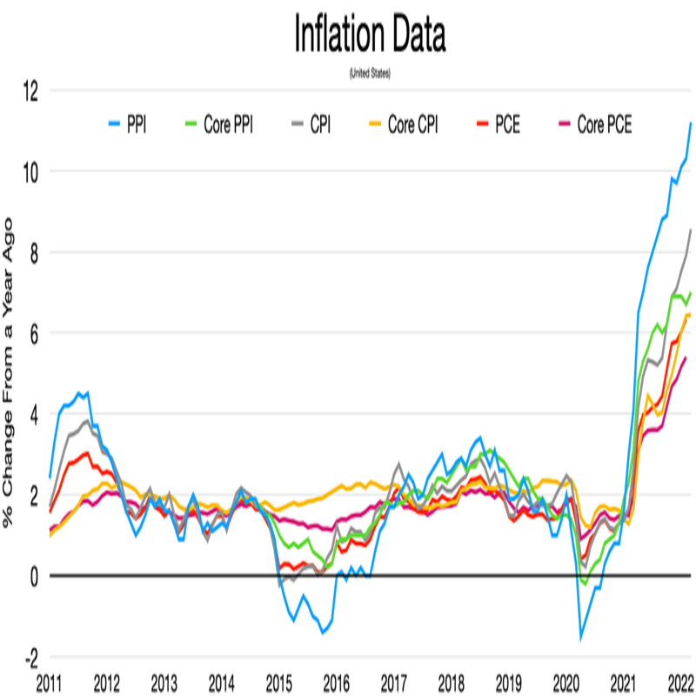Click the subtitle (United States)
(x=370, y=74)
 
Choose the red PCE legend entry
(x=498, y=125)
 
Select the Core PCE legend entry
(x=593, y=125)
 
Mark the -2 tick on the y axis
(x=28, y=657)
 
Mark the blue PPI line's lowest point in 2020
(x=581, y=639)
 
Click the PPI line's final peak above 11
(x=691, y=123)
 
